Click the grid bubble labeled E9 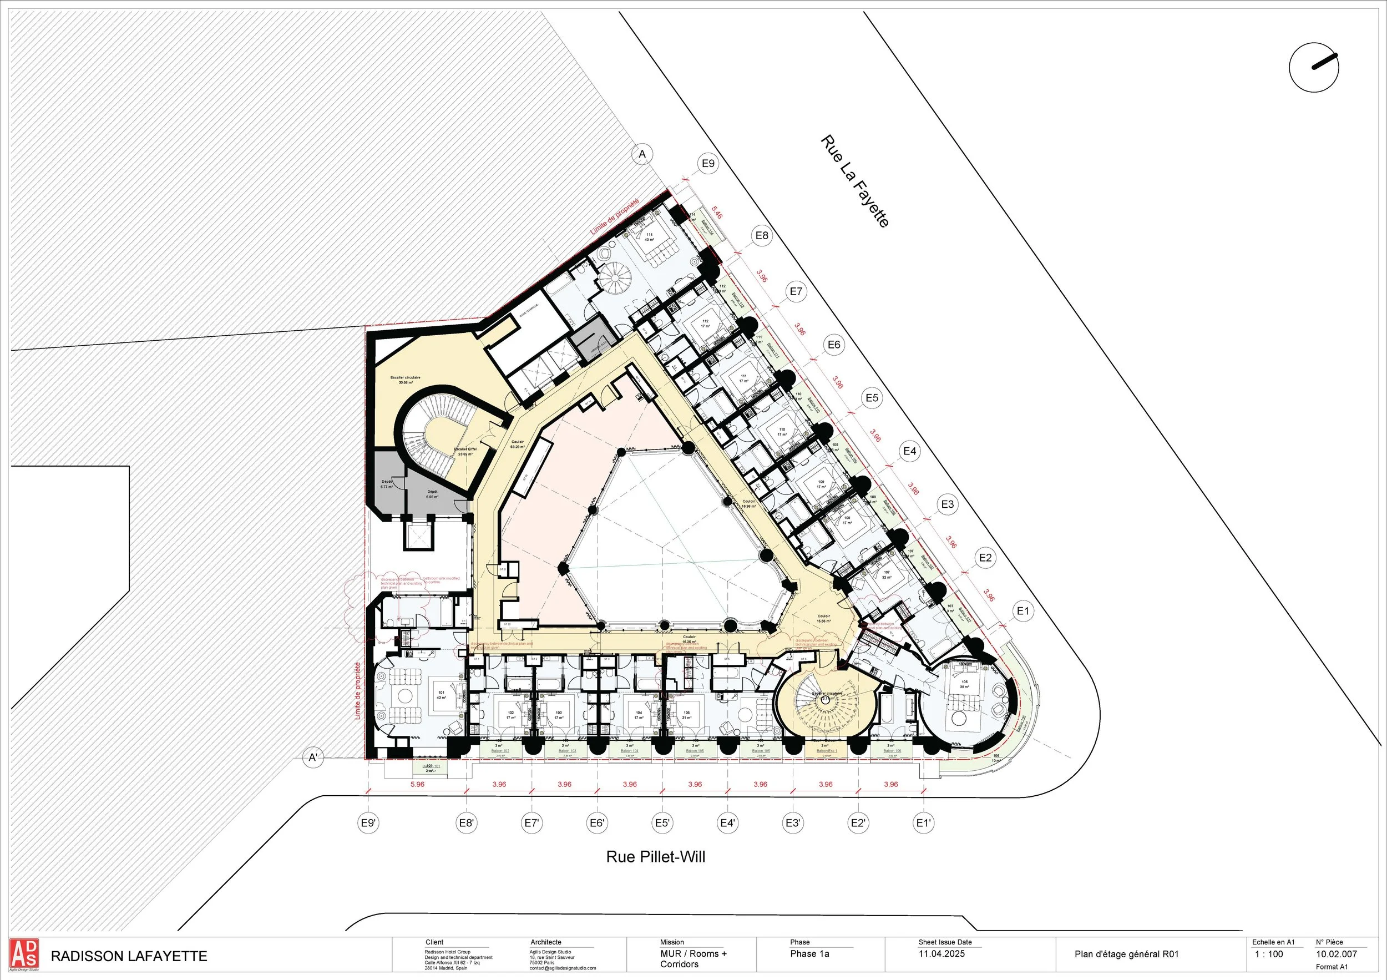click(708, 163)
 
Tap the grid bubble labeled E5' click(662, 822)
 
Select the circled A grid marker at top click(642, 155)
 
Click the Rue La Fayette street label click(854, 181)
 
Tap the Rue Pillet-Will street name click(655, 857)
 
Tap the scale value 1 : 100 click(1269, 954)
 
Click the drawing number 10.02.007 click(1337, 954)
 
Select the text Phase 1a click(809, 954)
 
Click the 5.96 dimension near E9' click(417, 784)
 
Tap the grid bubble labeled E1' click(924, 822)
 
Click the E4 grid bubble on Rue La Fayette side click(910, 451)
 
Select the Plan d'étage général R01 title click(1127, 954)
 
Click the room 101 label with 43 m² click(441, 694)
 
